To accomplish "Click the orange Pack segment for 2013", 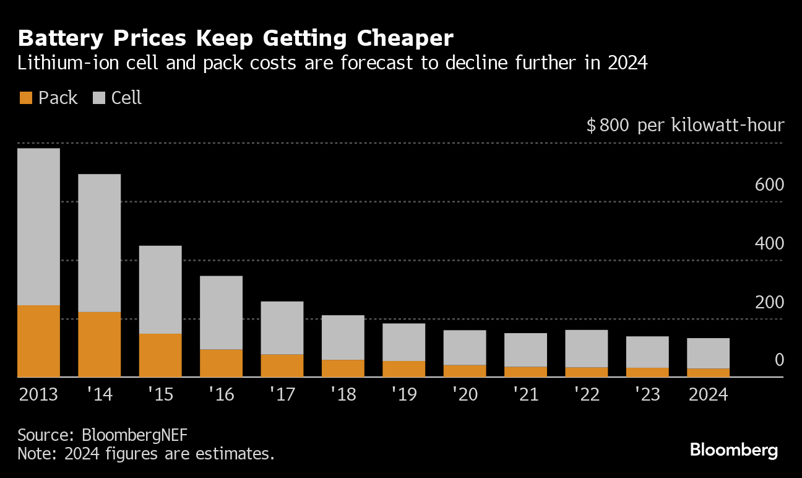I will tap(38, 341).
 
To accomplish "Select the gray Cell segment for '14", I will tap(99, 243).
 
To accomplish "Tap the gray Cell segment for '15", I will tap(160, 290).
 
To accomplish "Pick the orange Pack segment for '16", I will tap(221, 363).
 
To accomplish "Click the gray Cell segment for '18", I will tap(343, 337).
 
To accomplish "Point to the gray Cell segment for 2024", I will tap(709, 353).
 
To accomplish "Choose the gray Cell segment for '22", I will tap(587, 349).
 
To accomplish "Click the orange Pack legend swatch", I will tap(26, 98).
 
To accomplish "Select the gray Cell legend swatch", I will tap(99, 98).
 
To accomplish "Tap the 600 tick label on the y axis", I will tap(769, 185).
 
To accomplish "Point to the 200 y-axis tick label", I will tap(769, 302).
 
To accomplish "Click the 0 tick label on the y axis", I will tap(778, 360).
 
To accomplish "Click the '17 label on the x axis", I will tap(282, 394).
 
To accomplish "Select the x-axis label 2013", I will tap(38, 394).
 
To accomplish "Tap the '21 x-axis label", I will tap(525, 394).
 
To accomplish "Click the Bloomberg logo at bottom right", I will tap(734, 450).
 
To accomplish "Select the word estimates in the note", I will tap(236, 453).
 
